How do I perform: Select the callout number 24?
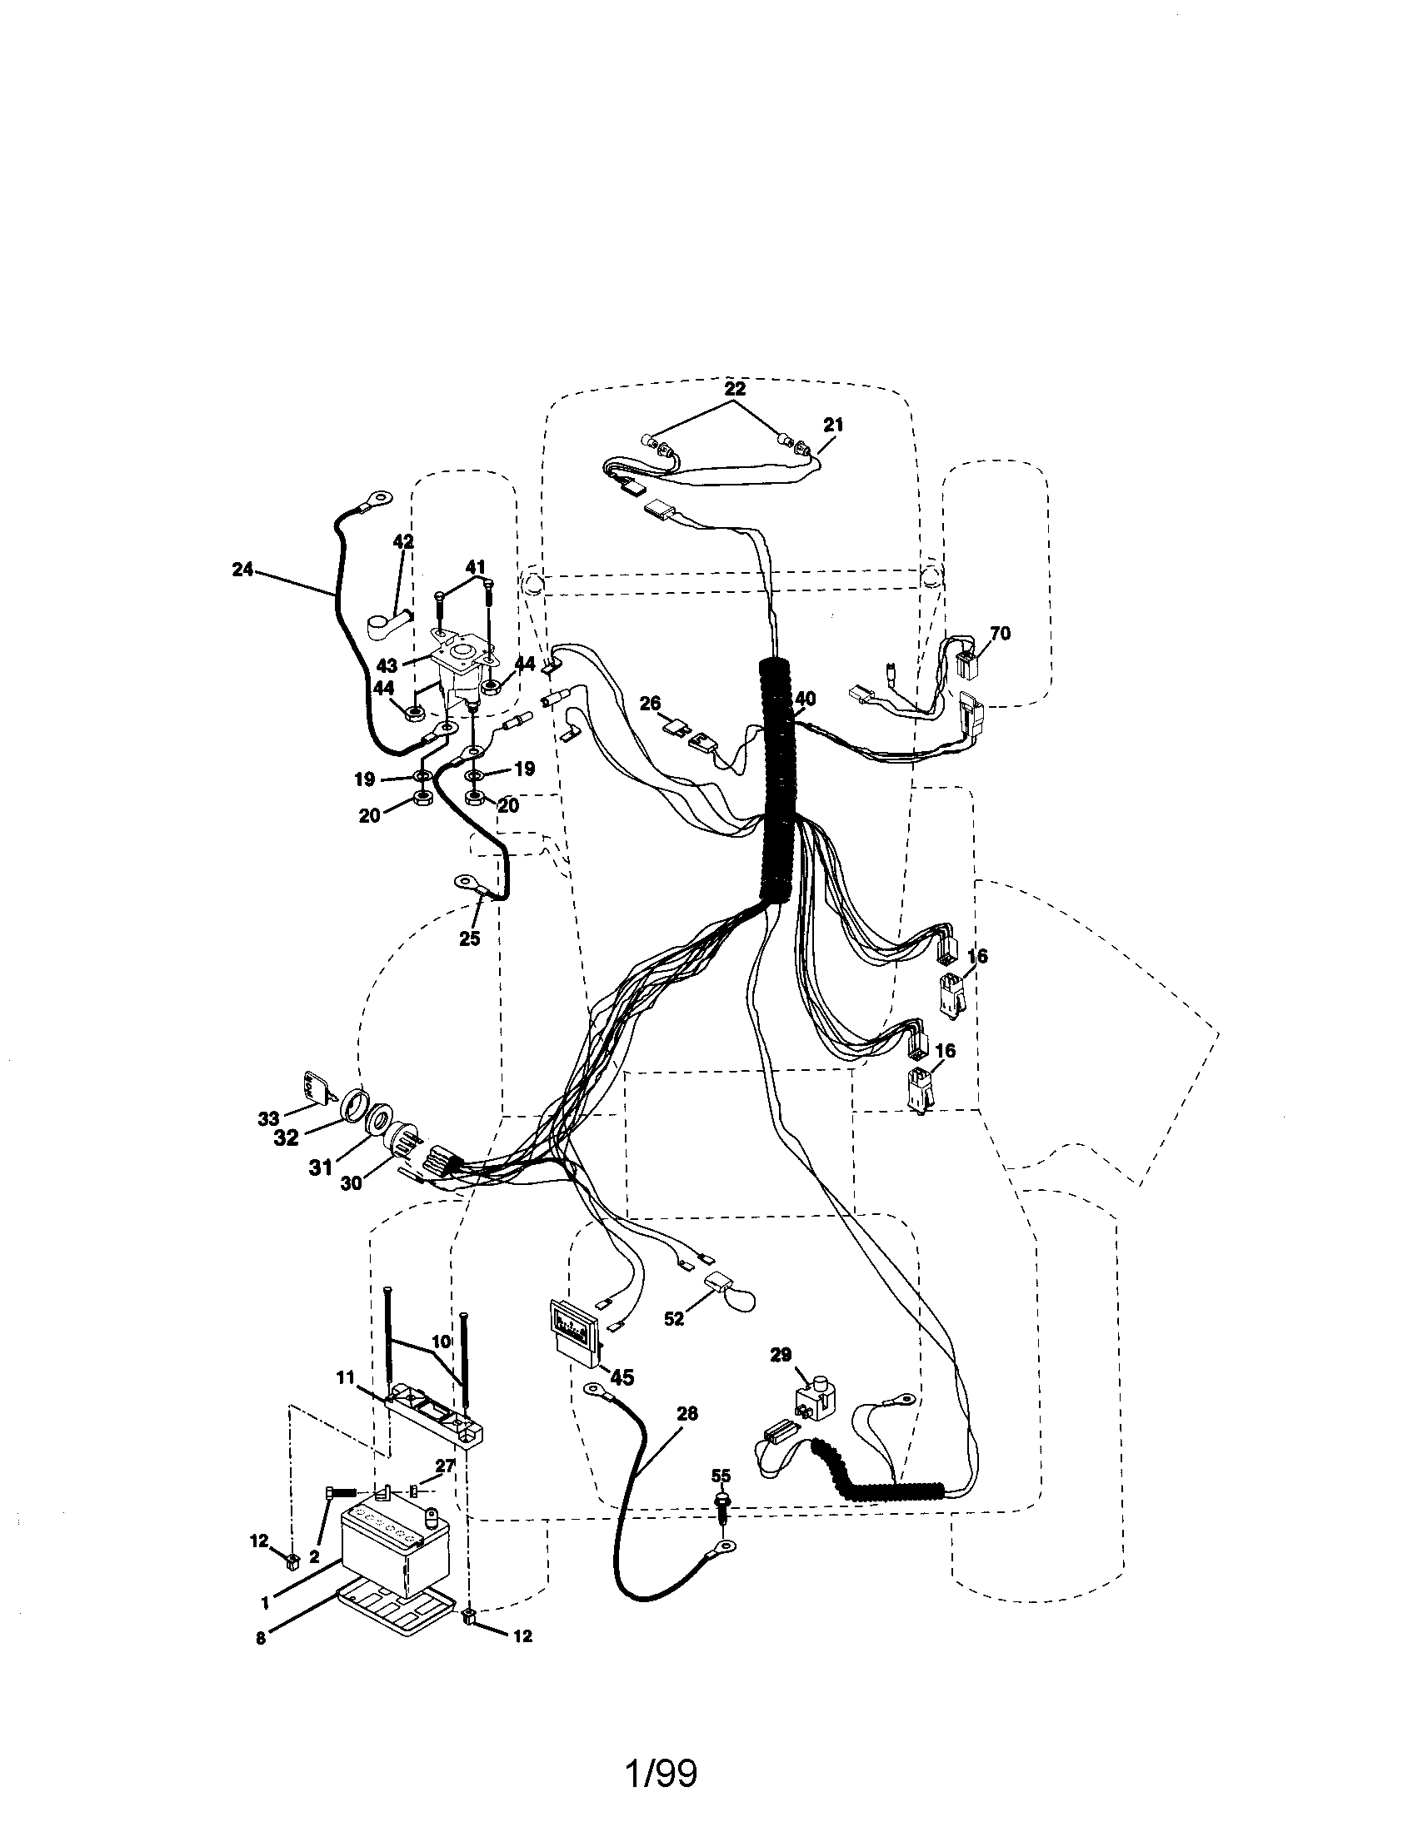tap(242, 570)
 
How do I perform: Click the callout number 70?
tap(999, 634)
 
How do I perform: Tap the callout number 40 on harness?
tap(805, 698)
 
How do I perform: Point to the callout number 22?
tap(734, 389)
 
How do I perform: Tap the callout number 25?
tap(469, 938)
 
